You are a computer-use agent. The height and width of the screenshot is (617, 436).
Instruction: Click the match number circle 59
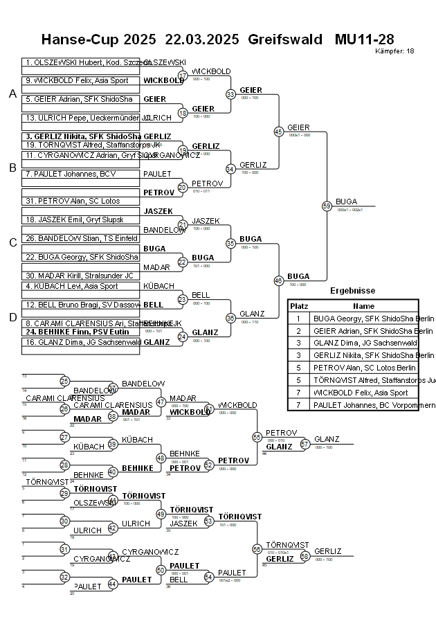pos(327,206)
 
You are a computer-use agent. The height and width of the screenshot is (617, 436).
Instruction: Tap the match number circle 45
pos(279,132)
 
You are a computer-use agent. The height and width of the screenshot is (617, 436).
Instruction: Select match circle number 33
pos(230,94)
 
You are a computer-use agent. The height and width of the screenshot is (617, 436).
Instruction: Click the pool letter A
pos(12,94)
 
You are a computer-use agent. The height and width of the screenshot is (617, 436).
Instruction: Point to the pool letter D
pos(12,318)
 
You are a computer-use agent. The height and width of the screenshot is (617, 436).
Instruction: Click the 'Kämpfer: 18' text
pos(394,51)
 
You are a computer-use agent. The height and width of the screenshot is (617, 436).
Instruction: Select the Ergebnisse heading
pos(352,291)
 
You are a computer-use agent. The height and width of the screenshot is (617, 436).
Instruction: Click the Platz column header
pos(299,305)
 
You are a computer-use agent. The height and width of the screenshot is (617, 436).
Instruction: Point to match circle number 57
pos(303,444)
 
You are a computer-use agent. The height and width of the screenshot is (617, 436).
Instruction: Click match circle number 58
pos(303,556)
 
